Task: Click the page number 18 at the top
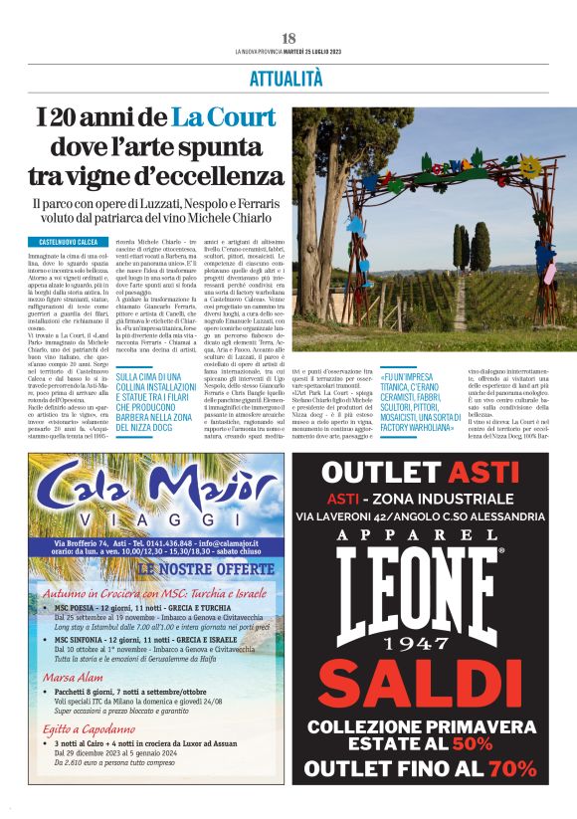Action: (288, 38)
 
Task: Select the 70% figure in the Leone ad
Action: (512, 768)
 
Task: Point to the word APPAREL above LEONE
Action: (429, 533)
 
